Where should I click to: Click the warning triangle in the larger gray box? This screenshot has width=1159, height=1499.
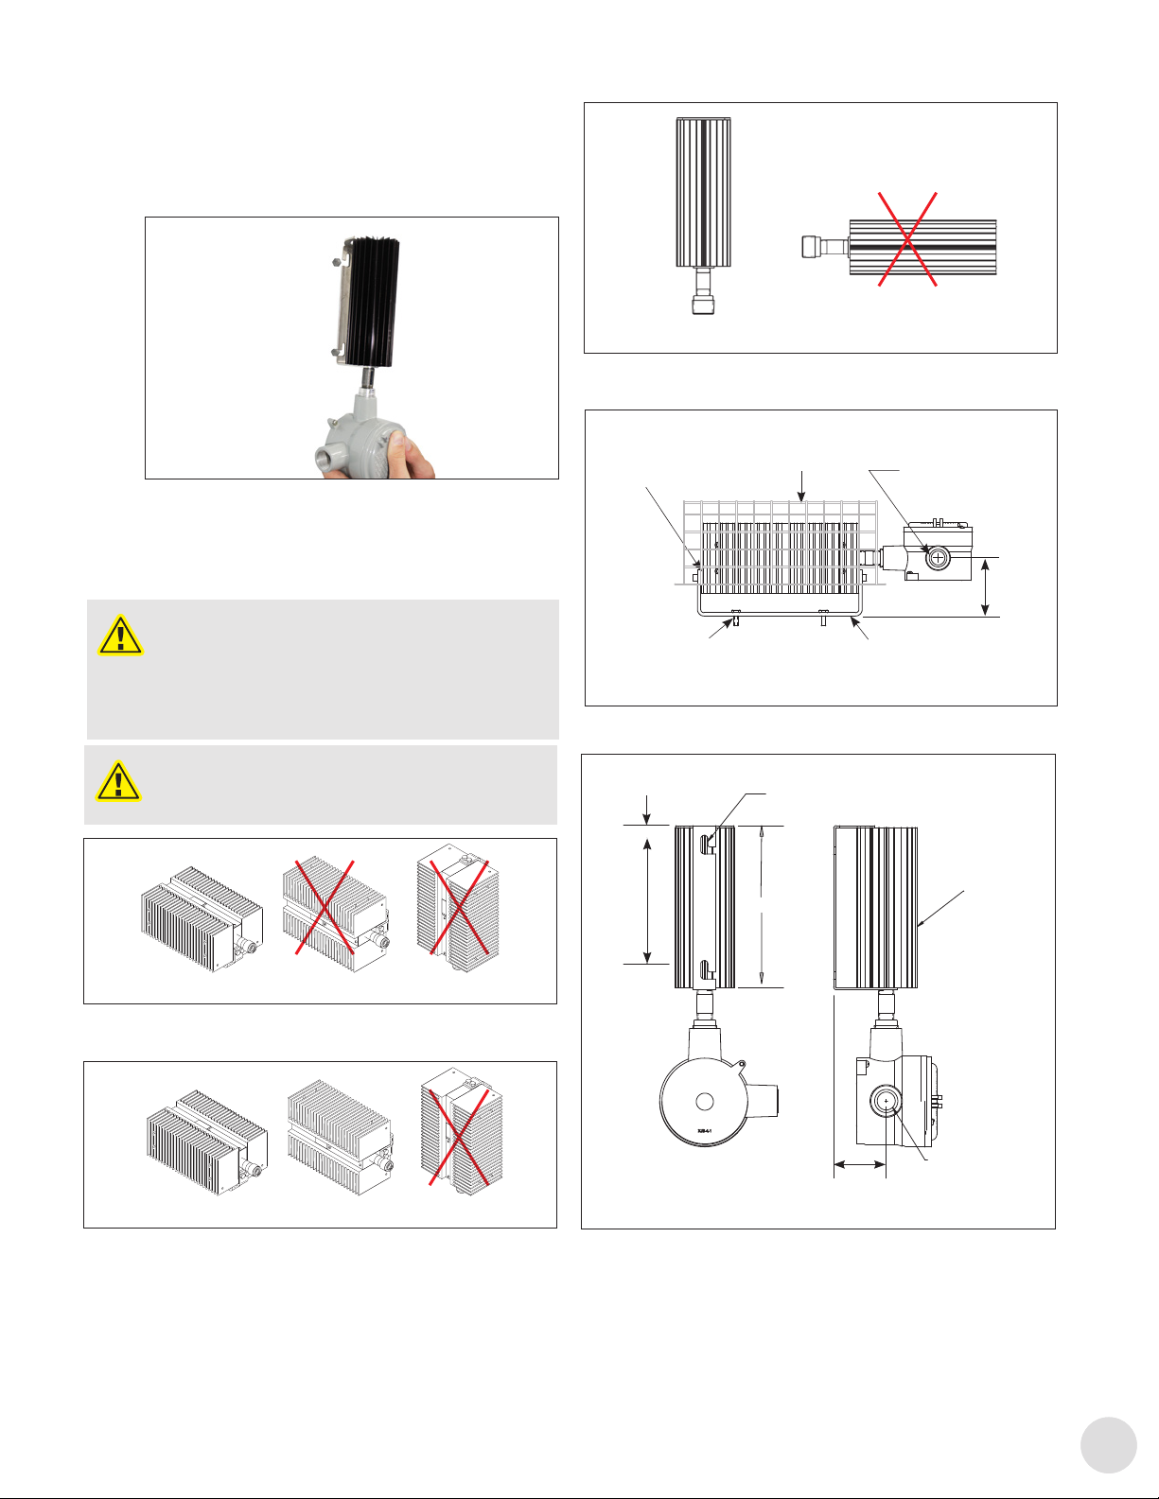(x=120, y=636)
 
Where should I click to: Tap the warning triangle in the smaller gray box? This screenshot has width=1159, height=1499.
(x=118, y=781)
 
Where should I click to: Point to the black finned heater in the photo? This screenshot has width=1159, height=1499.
(x=371, y=300)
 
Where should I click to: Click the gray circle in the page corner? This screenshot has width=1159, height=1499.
(x=1108, y=1444)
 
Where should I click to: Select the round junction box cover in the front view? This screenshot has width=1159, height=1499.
(x=703, y=1101)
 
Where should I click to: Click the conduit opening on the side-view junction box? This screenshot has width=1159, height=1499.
(x=887, y=1101)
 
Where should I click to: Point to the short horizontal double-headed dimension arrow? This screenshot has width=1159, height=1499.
(x=859, y=1165)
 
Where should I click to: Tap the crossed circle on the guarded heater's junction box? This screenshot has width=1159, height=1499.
(x=937, y=558)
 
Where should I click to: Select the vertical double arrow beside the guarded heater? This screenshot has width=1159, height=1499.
(x=987, y=587)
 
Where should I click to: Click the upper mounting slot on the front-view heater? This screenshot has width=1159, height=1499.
(x=705, y=842)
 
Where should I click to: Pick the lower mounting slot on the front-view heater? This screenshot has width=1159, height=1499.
(x=705, y=969)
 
